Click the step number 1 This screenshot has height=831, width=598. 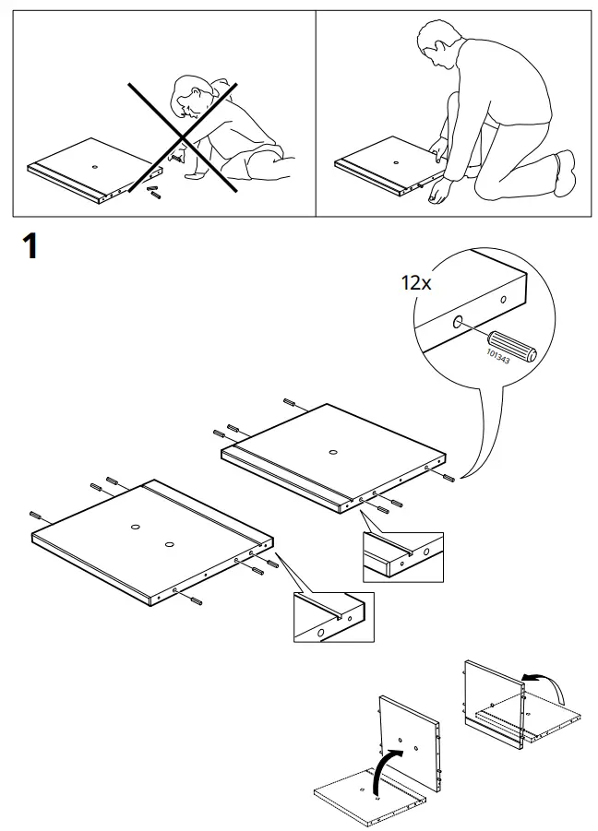point(29,247)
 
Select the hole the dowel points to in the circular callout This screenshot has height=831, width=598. point(458,323)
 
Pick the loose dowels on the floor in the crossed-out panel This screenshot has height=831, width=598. point(153,192)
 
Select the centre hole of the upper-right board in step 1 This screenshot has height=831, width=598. point(331,452)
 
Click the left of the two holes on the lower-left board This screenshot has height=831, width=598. point(135,527)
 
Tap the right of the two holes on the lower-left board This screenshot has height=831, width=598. point(169,545)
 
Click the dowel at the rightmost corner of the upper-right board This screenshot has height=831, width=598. point(448,478)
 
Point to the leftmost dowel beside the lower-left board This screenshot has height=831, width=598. point(38,515)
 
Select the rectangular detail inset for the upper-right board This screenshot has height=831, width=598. point(402,556)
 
